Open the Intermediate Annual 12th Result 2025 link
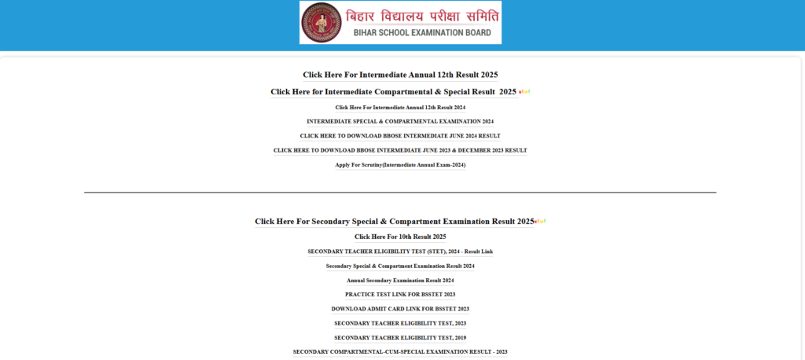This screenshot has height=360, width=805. [400, 75]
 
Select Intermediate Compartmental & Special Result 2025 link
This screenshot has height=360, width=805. [393, 92]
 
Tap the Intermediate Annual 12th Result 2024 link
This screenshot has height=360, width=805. [400, 107]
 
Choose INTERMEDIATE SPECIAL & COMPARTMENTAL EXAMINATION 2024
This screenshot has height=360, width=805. [400, 121]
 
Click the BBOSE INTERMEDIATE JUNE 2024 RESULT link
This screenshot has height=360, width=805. [400, 136]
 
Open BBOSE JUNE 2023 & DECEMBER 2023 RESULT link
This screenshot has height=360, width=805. [400, 150]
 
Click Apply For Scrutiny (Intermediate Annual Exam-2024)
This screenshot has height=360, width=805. [400, 165]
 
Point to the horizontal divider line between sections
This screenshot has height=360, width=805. [400, 192]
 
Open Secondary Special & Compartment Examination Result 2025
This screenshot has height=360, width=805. [394, 222]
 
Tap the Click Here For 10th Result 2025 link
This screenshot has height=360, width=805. [400, 237]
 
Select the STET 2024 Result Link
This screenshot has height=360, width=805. [400, 252]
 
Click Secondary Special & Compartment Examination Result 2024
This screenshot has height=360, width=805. [400, 266]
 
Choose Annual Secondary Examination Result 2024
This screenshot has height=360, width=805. [400, 280]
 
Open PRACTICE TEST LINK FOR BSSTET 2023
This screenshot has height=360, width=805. [400, 294]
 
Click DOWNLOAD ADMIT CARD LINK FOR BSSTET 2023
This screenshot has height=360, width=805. [400, 309]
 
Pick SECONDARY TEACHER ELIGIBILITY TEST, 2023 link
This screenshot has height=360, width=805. [400, 323]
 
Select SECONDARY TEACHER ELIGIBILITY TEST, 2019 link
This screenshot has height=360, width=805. [400, 337]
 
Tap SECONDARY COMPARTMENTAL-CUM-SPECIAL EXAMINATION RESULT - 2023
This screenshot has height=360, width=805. [400, 351]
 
